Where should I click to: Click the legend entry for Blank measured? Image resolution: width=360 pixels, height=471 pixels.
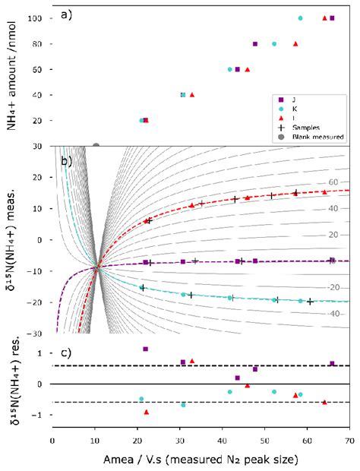(x=312, y=137)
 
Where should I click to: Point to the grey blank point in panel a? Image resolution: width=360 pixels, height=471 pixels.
(x=96, y=145)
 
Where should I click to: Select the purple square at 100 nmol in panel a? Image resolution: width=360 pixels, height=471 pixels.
(x=332, y=18)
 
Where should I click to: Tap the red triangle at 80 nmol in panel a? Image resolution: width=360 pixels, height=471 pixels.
(x=295, y=44)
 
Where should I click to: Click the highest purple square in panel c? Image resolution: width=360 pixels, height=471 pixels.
(x=145, y=349)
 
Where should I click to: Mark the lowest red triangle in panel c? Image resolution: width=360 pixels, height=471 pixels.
(x=147, y=412)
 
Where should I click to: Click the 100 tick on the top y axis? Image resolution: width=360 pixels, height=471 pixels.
(x=35, y=18)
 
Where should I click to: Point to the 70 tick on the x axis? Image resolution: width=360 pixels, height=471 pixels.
(x=349, y=440)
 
